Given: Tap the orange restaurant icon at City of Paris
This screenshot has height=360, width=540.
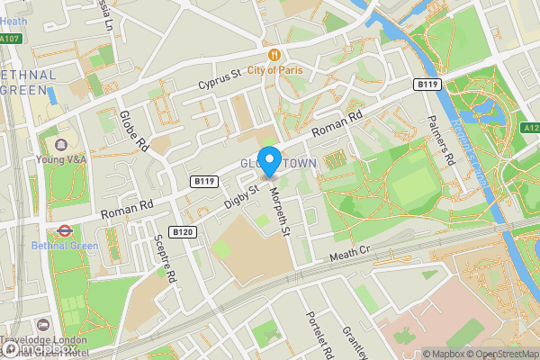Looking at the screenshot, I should click(281, 54).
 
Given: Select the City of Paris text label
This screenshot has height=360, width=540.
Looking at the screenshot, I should click(283, 69).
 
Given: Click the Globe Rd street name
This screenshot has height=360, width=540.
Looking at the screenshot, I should click(132, 130).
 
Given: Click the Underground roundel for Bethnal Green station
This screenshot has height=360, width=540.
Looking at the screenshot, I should click(64, 229).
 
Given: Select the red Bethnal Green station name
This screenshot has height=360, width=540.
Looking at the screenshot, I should click(61, 246).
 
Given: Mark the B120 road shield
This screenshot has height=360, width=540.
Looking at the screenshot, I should click(183, 232).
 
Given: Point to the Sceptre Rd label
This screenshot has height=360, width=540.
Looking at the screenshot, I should click(165, 259).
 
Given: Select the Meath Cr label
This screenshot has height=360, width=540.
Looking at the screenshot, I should click(350, 256).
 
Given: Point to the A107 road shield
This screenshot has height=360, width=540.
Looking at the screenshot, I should click(10, 39).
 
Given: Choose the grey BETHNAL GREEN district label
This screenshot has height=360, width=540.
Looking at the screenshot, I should click(29, 81).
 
